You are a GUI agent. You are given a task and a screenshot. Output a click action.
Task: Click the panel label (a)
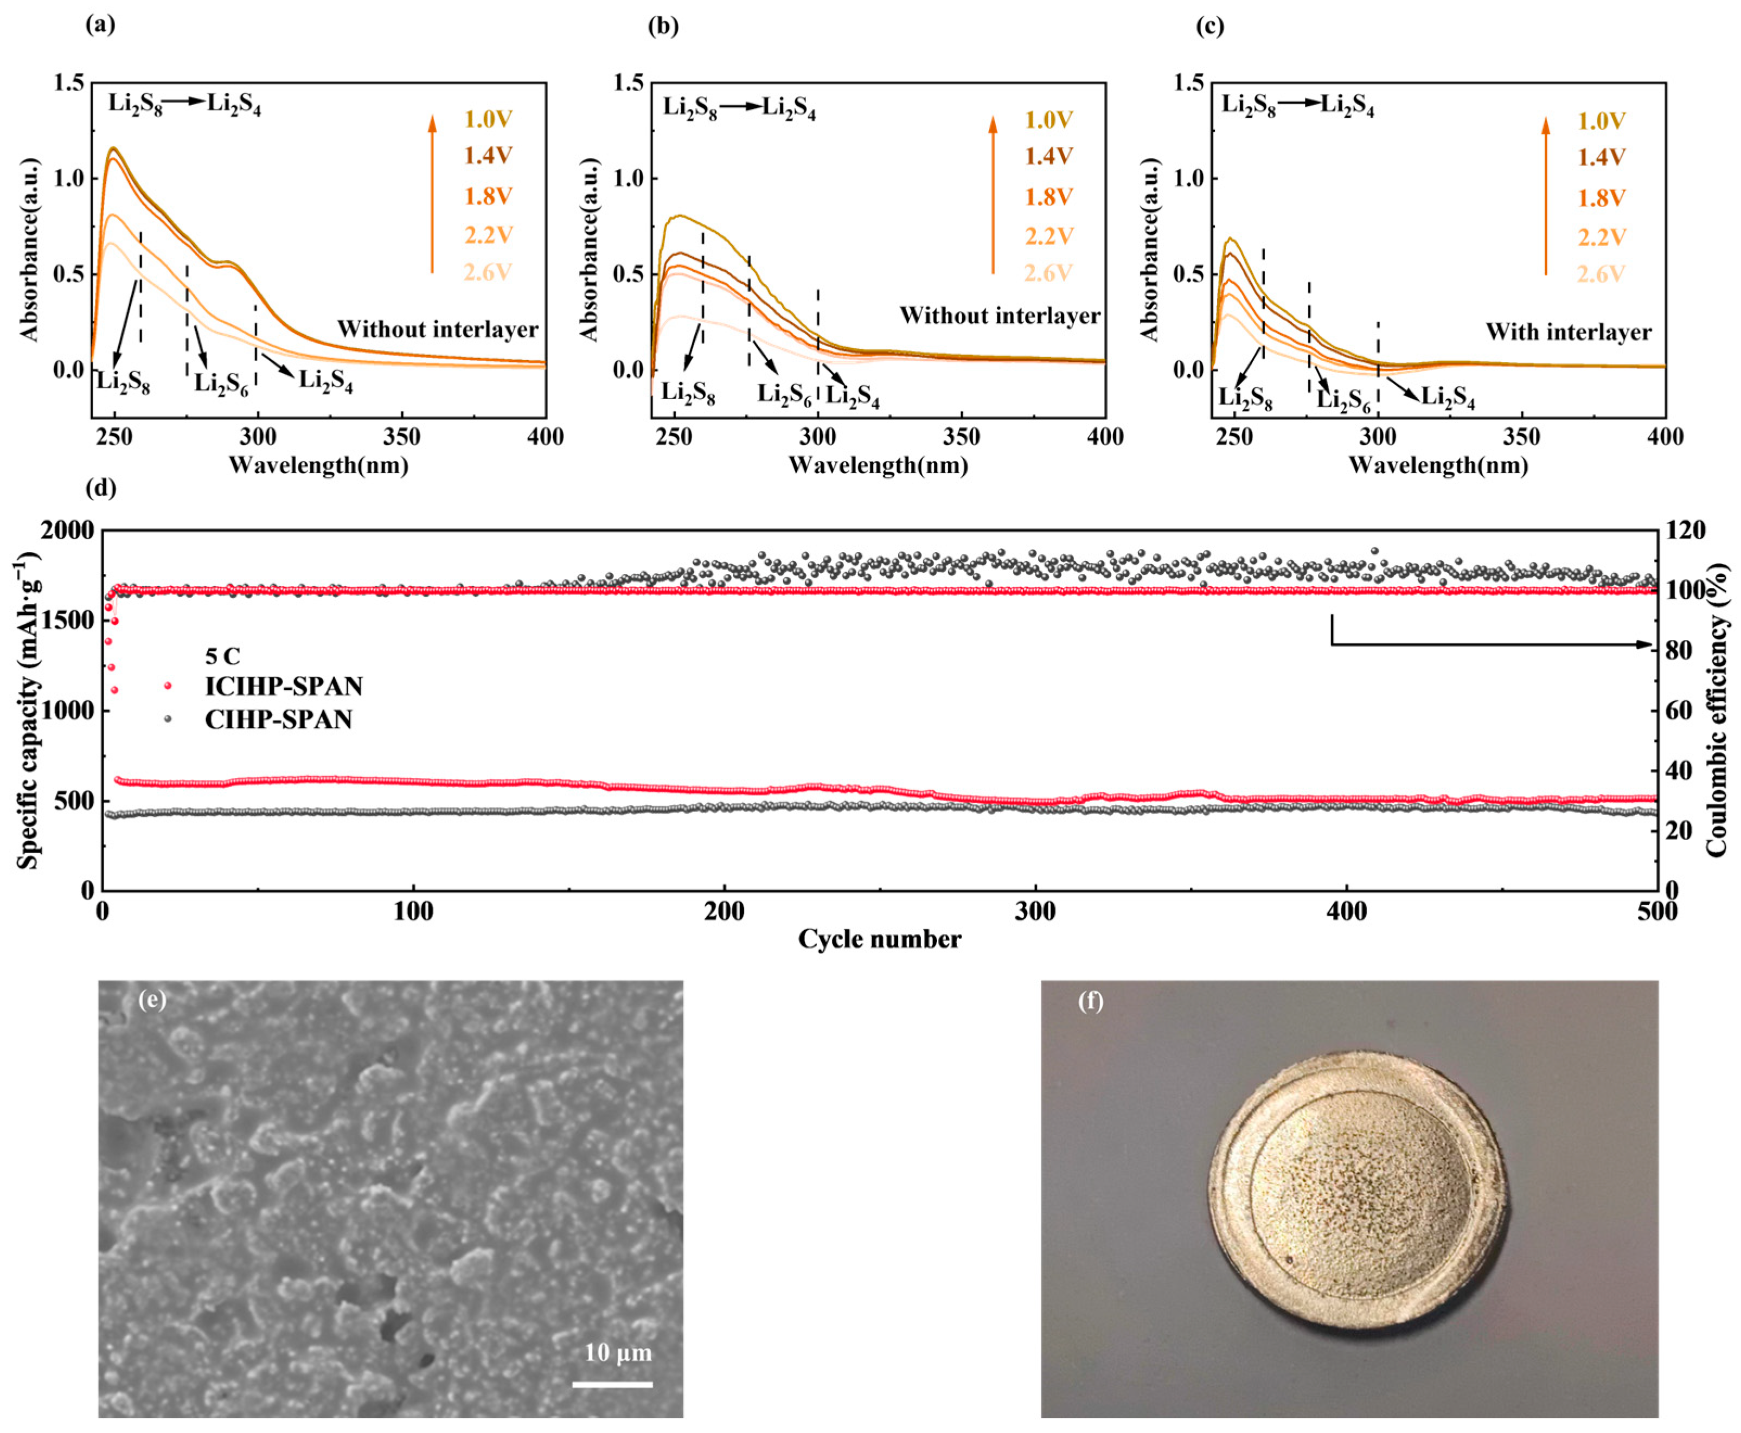coord(101,25)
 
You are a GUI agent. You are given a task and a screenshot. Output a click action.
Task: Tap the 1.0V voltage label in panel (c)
coord(1602,121)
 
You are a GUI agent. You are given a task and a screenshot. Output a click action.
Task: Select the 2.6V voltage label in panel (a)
coord(488,272)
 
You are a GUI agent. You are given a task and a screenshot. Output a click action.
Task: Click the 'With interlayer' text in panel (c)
coord(1569,332)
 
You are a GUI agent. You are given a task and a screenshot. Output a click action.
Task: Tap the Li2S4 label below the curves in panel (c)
coord(1447,398)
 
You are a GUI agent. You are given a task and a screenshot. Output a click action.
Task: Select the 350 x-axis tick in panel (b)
coord(962,437)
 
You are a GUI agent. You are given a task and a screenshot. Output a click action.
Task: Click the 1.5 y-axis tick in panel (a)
coord(69,82)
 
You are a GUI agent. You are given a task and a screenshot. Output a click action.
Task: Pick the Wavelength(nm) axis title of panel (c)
coord(1438,465)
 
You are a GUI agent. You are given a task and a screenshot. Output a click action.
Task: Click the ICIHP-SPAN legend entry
coord(283,687)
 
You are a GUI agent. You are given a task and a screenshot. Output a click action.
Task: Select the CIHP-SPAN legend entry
coord(278,720)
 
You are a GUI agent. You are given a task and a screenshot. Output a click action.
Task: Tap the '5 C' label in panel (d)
coord(223,656)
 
